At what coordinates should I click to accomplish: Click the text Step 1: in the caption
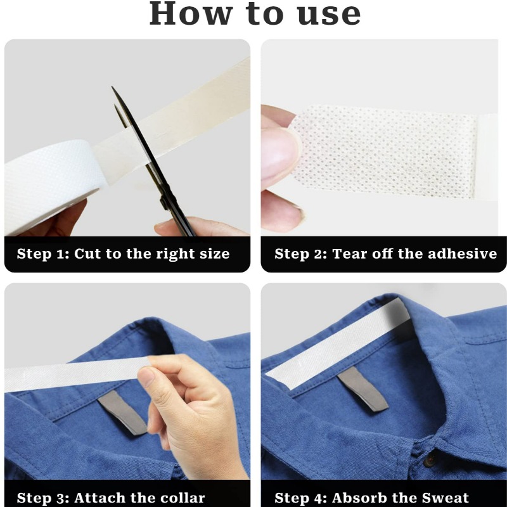click(42, 254)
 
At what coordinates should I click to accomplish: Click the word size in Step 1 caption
click(213, 254)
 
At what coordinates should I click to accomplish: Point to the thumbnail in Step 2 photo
click(279, 155)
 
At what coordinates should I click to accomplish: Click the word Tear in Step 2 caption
click(350, 254)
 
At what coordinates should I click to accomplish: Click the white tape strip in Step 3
click(70, 374)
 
